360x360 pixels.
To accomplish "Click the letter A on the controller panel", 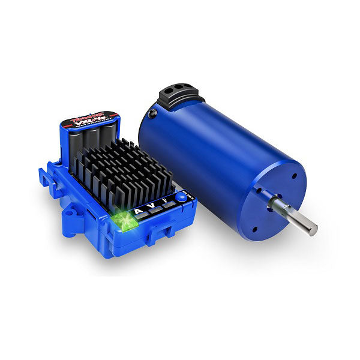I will coord(139,211).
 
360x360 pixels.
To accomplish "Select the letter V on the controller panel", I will coord(155,207).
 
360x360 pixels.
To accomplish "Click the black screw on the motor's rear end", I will coord(155,111).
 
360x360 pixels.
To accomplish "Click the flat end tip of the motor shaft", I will coord(313,227).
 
